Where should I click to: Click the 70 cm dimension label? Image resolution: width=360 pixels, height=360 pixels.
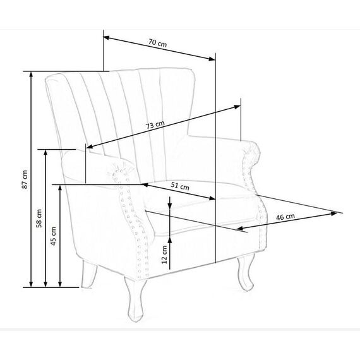pyautogui.click(x=157, y=43)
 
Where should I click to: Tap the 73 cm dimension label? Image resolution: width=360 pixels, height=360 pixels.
pyautogui.click(x=155, y=124)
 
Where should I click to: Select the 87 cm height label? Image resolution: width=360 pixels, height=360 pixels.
pyautogui.click(x=25, y=179)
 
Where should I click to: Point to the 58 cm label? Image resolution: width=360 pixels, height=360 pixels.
pyautogui.click(x=39, y=219)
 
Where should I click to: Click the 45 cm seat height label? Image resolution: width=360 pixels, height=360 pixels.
pyautogui.click(x=53, y=236)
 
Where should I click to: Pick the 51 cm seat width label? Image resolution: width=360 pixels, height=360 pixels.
pyautogui.click(x=180, y=186)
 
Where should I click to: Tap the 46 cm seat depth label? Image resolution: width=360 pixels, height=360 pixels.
pyautogui.click(x=285, y=217)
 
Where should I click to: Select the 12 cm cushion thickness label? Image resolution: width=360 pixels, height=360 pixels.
pyautogui.click(x=164, y=255)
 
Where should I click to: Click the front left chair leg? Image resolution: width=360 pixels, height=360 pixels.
pyautogui.click(x=135, y=299)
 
